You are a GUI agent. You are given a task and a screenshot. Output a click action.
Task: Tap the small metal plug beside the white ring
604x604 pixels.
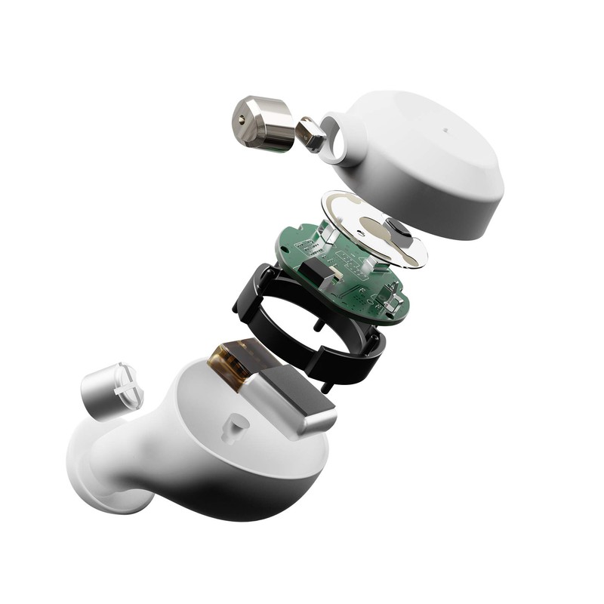pyautogui.click(x=310, y=134)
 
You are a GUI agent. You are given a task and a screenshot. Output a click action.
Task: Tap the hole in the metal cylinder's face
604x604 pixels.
pyautogui.click(x=240, y=119)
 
